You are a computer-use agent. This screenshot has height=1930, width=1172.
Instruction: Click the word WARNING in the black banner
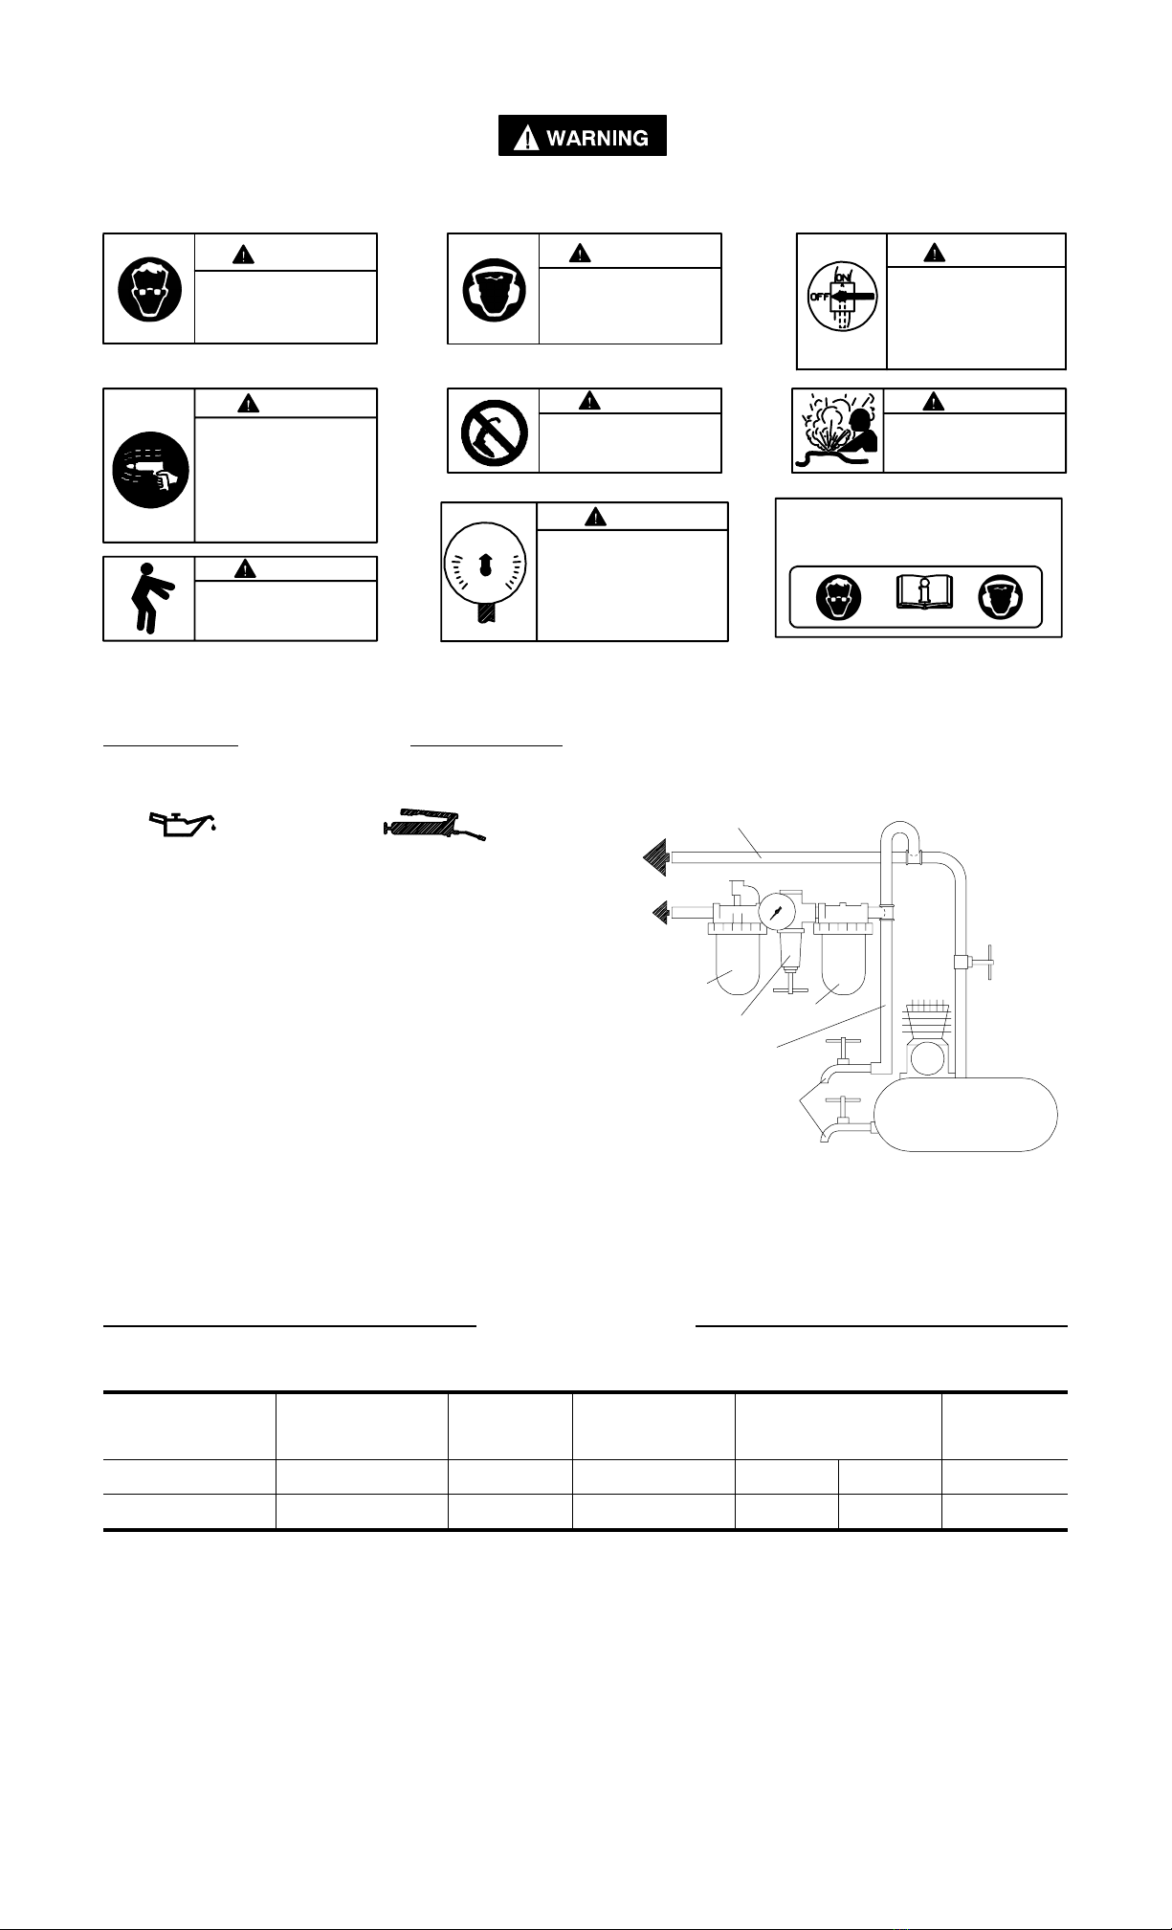click(597, 138)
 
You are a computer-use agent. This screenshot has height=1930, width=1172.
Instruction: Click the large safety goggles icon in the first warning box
click(148, 288)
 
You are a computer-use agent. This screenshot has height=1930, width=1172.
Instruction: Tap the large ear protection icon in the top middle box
click(494, 288)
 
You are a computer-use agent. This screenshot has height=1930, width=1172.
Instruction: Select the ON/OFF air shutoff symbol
click(841, 298)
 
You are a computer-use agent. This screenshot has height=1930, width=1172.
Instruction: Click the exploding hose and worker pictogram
click(837, 432)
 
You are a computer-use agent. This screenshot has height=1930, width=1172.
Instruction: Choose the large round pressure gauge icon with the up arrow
click(487, 572)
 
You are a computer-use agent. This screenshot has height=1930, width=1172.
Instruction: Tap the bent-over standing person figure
click(147, 598)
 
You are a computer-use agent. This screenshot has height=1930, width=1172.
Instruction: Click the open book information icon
click(923, 593)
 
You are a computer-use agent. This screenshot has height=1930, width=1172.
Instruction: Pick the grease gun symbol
click(434, 824)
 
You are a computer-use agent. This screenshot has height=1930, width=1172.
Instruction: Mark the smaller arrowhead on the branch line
click(660, 914)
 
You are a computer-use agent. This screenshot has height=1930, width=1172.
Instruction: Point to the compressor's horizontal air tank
click(967, 1114)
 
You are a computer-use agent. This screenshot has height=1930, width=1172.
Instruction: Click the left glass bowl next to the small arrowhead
click(735, 963)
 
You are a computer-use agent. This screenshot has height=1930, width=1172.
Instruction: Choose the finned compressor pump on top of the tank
click(924, 1037)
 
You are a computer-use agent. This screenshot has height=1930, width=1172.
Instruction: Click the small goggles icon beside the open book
click(839, 598)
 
